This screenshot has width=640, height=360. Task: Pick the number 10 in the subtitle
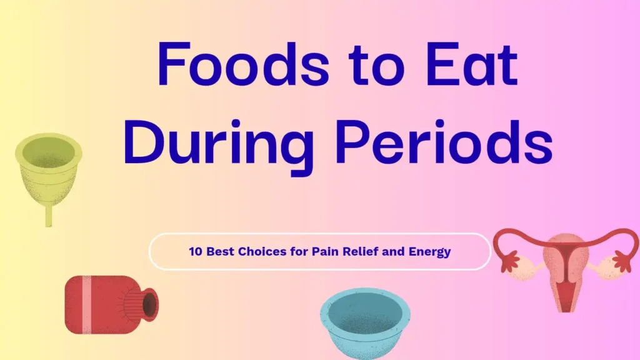(x=195, y=252)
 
